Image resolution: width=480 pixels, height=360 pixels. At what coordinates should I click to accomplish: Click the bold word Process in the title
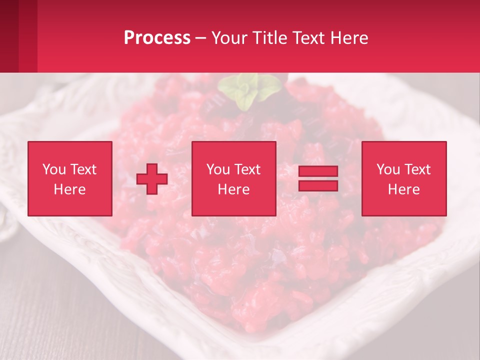(157, 38)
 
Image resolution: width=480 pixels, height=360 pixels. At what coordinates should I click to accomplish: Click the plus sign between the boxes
(152, 178)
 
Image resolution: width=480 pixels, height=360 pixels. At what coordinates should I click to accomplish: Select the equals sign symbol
(318, 178)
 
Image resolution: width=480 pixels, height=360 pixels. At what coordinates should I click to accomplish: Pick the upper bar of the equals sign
(318, 171)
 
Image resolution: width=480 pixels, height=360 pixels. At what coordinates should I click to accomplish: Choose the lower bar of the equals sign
(318, 185)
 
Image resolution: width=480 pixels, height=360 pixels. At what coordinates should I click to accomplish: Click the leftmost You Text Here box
(69, 178)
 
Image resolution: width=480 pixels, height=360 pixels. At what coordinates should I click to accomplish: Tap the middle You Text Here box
(233, 178)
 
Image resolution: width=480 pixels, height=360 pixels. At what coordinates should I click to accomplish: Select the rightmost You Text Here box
(403, 178)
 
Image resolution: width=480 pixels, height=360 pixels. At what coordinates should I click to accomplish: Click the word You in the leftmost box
(53, 169)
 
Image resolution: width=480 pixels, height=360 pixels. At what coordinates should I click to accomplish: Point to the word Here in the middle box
(233, 189)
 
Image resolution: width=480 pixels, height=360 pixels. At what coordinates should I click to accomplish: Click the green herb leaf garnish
(248, 90)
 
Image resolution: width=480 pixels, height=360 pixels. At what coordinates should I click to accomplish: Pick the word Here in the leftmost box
(69, 189)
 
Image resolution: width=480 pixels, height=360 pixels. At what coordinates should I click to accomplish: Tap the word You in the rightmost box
(388, 169)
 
